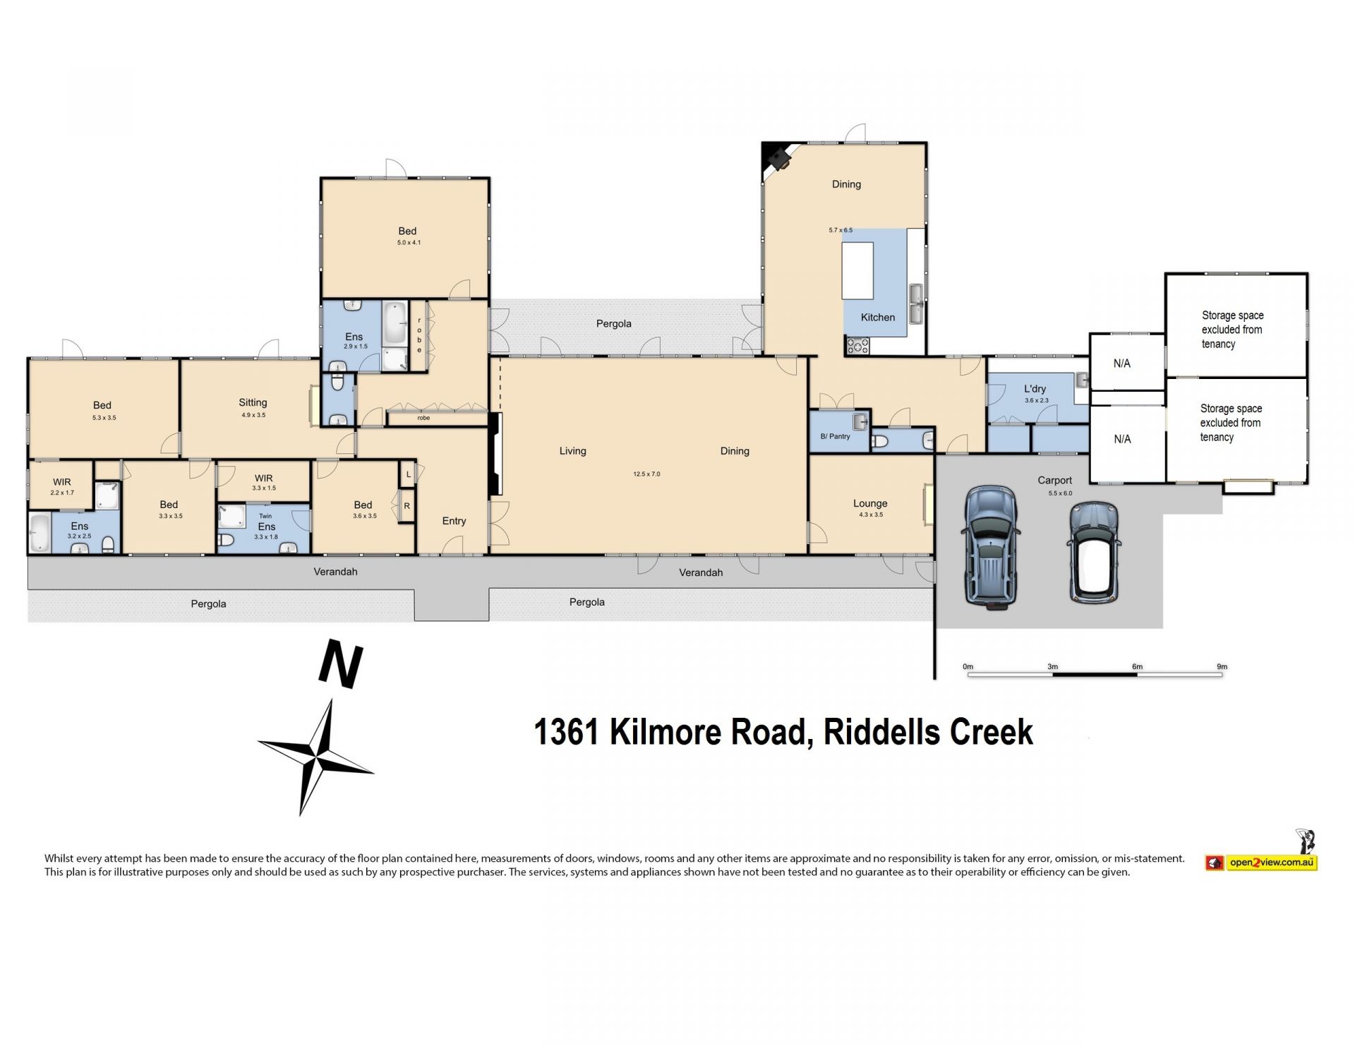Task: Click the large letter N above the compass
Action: point(341,663)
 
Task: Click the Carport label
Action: point(1054,480)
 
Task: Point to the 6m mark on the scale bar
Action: point(1137,666)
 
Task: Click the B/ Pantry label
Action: point(835,436)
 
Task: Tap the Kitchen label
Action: point(877,318)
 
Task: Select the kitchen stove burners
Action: point(858,345)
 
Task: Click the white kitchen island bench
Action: point(857,271)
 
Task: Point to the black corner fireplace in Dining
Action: point(777,157)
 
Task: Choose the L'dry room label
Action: point(1035,389)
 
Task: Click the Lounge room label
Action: point(869,503)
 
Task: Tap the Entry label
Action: point(454,521)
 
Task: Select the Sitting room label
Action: point(253,402)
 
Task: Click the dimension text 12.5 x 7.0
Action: point(646,474)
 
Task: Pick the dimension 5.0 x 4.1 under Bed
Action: point(409,243)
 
